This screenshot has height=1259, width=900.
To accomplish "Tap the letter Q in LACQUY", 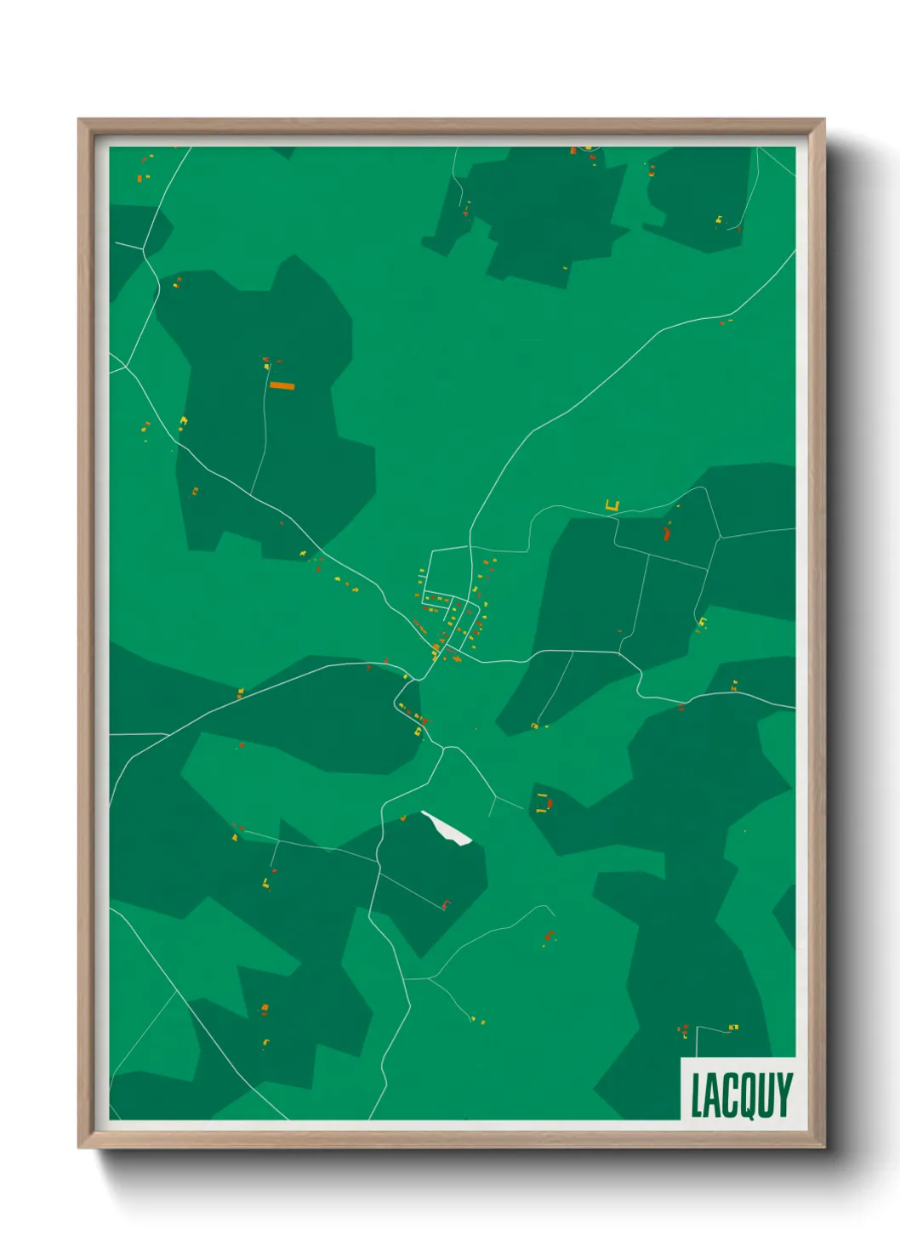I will click(748, 1097).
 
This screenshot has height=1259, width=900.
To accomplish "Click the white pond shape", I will click(447, 827).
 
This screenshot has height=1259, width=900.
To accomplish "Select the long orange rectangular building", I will click(282, 385).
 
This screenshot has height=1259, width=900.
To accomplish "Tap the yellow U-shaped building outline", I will click(612, 506).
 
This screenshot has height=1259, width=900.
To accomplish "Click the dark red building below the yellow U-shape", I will click(667, 534).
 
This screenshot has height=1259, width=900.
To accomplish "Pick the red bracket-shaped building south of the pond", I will click(444, 903).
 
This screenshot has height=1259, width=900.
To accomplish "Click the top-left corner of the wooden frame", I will click(80, 121).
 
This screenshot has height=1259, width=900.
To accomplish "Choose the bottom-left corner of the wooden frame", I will click(80, 1147).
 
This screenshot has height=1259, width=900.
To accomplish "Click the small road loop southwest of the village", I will click(400, 705).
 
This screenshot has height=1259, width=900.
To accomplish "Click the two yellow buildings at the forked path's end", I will click(478, 1020).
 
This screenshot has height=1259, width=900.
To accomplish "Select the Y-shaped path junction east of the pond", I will click(495, 798).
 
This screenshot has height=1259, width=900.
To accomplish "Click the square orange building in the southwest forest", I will click(265, 1009).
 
